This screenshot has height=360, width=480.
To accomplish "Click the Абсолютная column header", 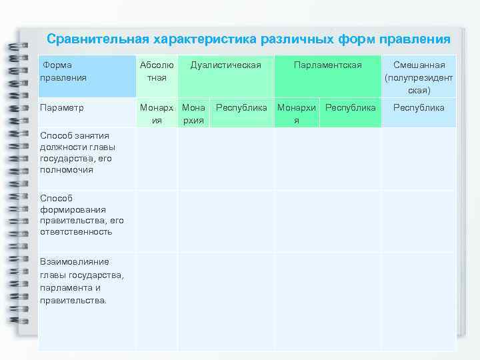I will pyautogui.click(x=157, y=71).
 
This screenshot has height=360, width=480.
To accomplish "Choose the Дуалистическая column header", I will pyautogui.click(x=225, y=65).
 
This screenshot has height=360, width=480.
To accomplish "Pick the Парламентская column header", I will pyautogui.click(x=328, y=65).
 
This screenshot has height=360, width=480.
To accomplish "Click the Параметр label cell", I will pyautogui.click(x=61, y=107).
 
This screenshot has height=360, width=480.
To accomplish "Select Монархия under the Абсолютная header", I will pyautogui.click(x=157, y=113).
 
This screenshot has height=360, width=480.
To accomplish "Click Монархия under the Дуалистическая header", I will pyautogui.click(x=193, y=113).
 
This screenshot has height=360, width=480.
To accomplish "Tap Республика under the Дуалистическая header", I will pyautogui.click(x=241, y=107).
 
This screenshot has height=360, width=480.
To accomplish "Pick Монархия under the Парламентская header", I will pyautogui.click(x=297, y=113).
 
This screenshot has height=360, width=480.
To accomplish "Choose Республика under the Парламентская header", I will pyautogui.click(x=351, y=107).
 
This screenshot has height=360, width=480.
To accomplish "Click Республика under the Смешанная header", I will pyautogui.click(x=419, y=107).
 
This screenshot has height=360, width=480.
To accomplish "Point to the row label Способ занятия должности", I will pyautogui.click(x=77, y=153).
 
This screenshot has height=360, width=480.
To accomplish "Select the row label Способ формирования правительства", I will pyautogui.click(x=76, y=215).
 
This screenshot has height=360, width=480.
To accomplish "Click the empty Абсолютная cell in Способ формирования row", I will pyautogui.click(x=157, y=221).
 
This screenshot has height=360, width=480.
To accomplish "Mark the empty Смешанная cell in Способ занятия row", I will pyautogui.click(x=419, y=158).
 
